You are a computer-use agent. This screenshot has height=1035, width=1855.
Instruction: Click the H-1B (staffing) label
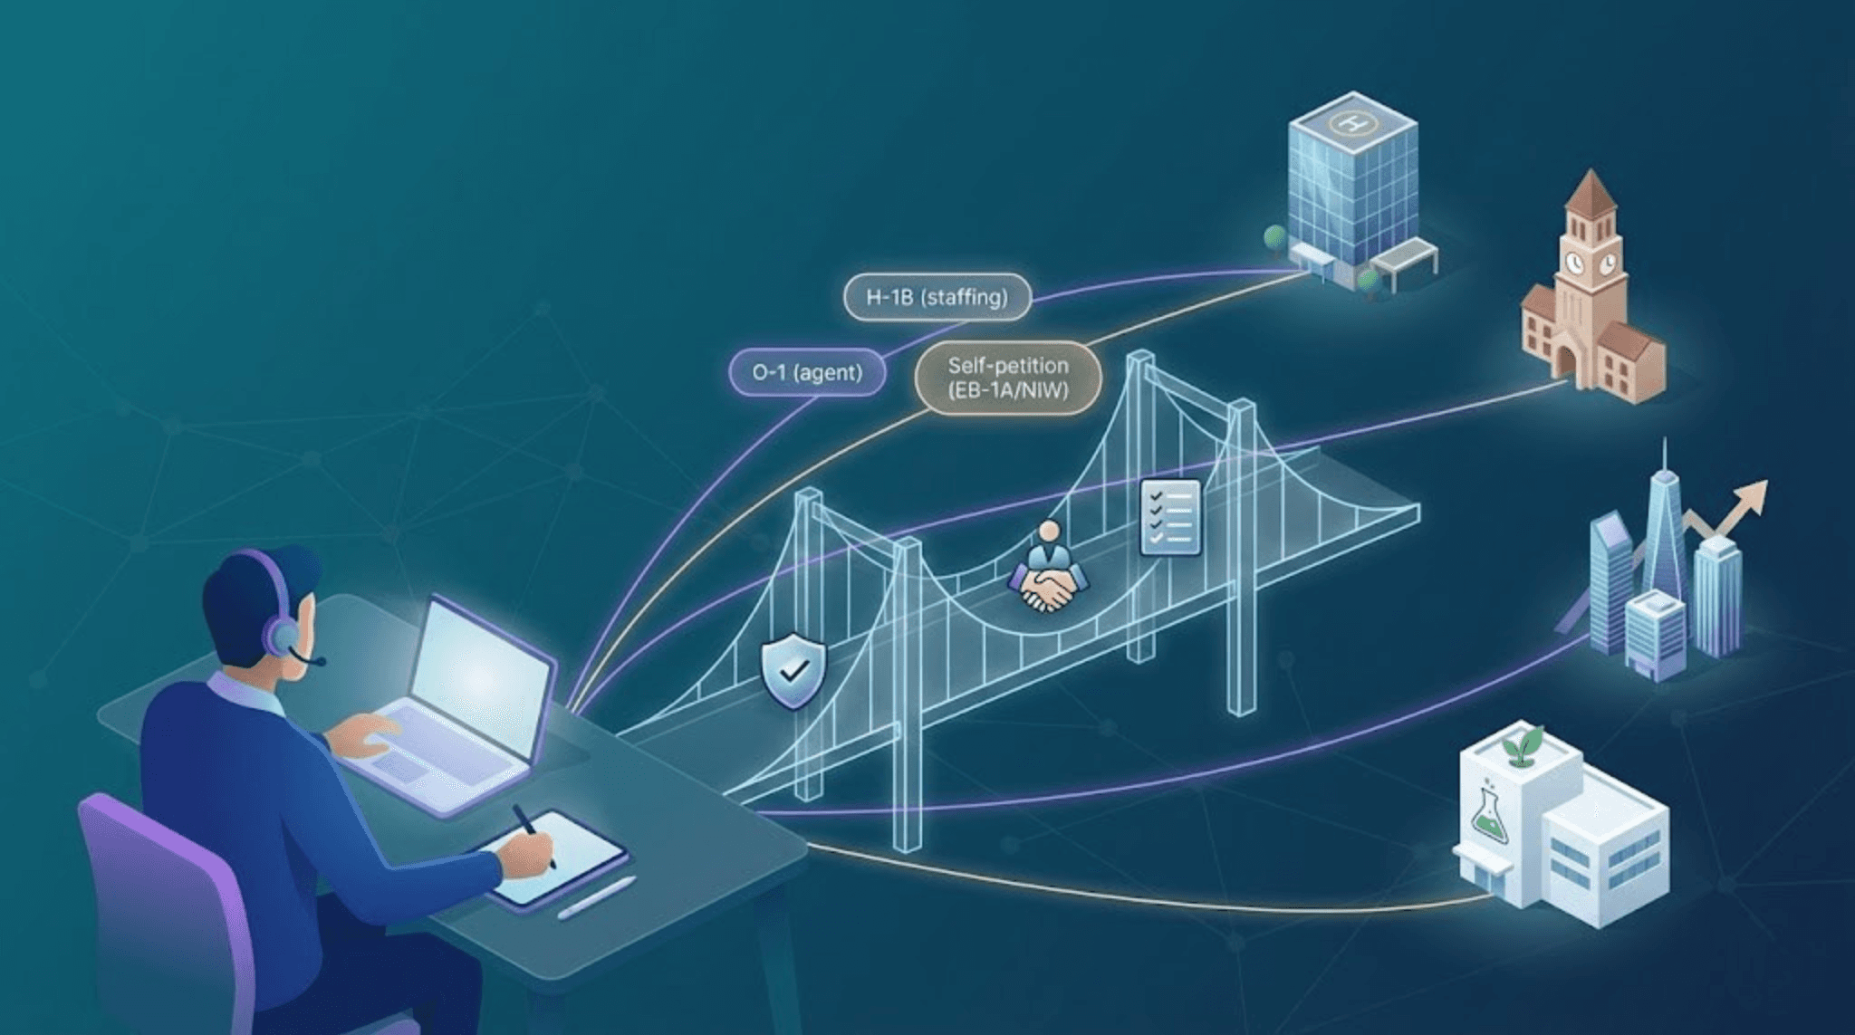tap(937, 297)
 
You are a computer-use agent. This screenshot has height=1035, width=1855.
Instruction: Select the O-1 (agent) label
tap(806, 372)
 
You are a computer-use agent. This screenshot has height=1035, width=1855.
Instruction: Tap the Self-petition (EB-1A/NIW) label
tap(1007, 378)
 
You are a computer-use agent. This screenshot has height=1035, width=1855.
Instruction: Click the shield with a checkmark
tap(793, 671)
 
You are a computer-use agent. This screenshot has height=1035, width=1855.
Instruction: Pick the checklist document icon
tap(1170, 516)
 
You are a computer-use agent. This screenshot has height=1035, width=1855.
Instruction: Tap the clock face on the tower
tap(1575, 263)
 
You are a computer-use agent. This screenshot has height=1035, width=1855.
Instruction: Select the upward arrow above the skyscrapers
tap(1744, 503)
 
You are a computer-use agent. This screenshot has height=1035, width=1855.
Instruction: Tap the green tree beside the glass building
tap(1275, 237)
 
